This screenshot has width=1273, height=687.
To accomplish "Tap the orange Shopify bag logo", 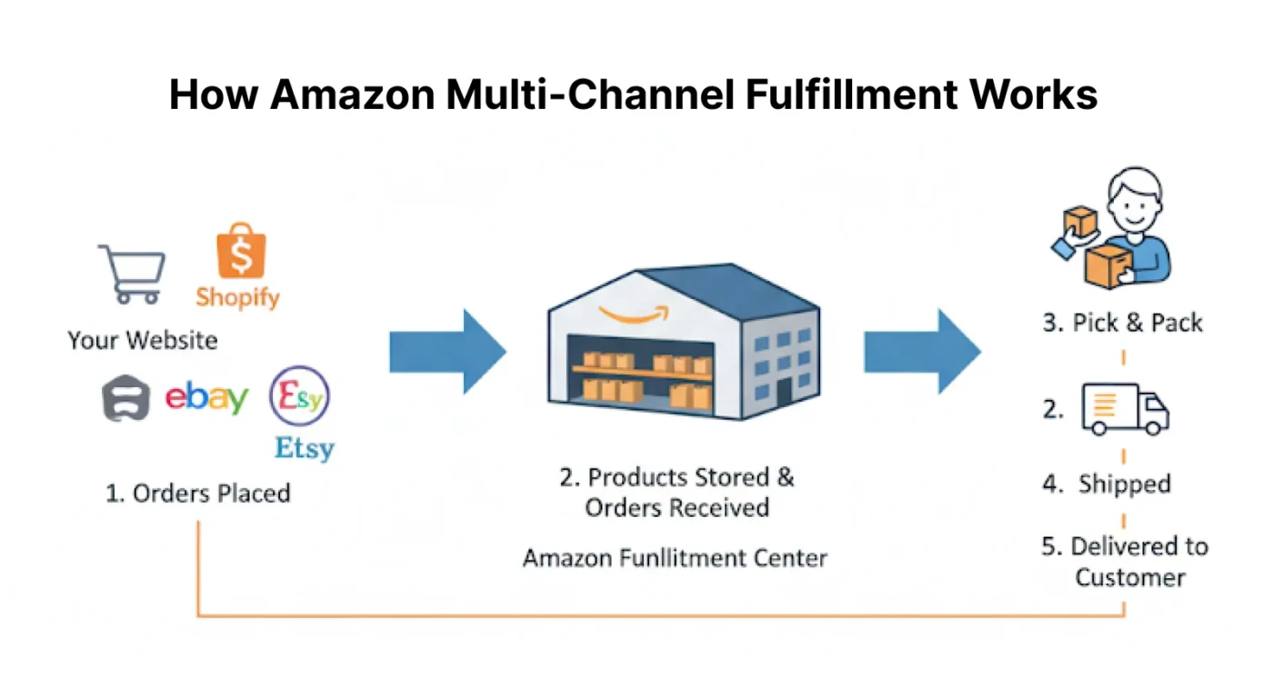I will point(241,250).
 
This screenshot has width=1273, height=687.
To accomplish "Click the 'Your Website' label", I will point(143,341).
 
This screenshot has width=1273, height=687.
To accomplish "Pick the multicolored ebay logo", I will point(206,398).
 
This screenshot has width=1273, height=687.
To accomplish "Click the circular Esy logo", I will point(300,398).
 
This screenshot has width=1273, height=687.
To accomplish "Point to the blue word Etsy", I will point(305,448).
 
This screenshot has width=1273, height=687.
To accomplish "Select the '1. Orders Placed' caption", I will point(197,493).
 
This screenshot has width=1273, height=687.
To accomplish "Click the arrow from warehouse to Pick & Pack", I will point(921,352).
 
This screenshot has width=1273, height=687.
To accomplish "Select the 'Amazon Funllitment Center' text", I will point(675,557).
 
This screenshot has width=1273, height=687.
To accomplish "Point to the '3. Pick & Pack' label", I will point(1122,323).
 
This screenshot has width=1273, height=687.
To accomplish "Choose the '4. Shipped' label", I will point(1107,483).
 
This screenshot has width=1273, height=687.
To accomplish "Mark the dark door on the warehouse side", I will point(784,393).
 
